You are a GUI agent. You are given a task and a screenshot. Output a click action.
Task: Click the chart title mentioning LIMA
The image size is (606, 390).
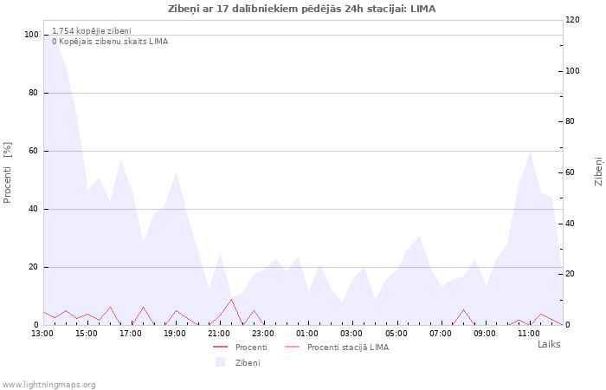point(302,9)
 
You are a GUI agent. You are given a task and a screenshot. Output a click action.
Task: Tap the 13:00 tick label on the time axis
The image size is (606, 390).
point(42,334)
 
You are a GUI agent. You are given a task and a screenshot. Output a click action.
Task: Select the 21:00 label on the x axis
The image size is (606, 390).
point(219,334)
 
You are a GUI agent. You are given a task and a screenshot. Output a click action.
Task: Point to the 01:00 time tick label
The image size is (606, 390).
point(307,334)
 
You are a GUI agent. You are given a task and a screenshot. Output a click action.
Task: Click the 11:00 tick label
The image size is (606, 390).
point(529,334)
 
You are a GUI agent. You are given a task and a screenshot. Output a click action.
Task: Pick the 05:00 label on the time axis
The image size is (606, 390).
point(396,334)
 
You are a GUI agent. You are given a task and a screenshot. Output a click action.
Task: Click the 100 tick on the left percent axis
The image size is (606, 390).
point(31,35)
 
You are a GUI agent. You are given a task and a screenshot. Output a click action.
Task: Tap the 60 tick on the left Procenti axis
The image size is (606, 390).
point(33,151)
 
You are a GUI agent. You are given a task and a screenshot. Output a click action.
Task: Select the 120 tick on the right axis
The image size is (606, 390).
point(572,20)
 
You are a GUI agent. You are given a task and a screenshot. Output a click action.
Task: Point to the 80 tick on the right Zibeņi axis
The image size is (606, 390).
point(570,121)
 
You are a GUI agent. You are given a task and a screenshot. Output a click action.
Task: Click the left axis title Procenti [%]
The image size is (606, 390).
point(7,172)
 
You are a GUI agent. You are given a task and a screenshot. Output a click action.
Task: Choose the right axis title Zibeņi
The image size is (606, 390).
point(598,172)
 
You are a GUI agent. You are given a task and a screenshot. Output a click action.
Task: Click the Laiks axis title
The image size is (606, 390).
point(549,344)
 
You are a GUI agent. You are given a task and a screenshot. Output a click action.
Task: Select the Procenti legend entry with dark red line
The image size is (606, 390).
point(240,347)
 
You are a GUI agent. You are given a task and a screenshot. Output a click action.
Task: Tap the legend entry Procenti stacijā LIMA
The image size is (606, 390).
point(337,347)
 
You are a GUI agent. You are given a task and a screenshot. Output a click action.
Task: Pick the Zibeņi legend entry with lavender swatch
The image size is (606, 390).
point(238,362)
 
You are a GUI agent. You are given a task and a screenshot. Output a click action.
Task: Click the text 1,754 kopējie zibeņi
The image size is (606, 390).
point(92,31)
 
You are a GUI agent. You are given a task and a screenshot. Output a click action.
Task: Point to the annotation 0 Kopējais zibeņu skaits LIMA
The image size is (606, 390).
point(110,42)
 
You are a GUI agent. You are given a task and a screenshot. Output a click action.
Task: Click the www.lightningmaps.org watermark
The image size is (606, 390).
point(48,385)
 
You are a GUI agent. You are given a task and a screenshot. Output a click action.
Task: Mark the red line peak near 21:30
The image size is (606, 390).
point(231,299)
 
